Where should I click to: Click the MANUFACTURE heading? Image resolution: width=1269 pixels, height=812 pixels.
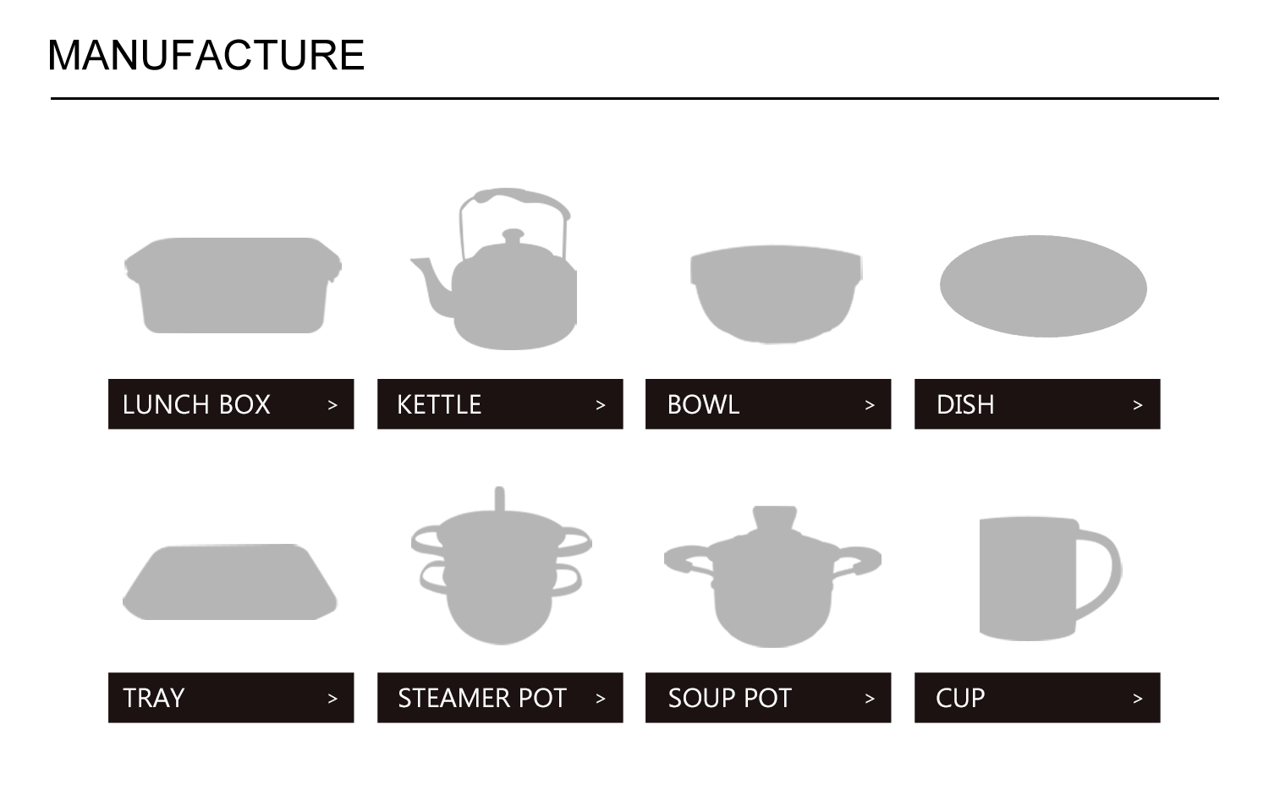coord(206,56)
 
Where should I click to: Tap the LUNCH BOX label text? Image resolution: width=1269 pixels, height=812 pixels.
coord(196,404)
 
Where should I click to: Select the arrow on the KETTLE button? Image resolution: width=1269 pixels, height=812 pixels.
coord(601,405)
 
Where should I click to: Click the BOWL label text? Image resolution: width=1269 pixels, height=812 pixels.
coord(703,404)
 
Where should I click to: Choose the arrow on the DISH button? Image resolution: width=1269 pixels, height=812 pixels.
coord(1138,405)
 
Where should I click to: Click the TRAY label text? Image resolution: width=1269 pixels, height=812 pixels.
coord(153,698)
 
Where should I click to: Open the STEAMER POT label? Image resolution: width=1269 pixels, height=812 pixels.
coord(481,698)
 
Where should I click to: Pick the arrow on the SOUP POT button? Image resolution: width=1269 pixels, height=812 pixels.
coord(870,699)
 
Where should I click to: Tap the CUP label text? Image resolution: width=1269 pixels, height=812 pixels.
coord(960,698)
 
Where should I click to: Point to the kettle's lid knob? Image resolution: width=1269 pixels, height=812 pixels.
coord(513,234)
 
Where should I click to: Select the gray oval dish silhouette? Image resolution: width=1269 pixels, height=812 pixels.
coord(1043,286)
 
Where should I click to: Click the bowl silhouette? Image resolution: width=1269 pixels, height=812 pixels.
coord(776,292)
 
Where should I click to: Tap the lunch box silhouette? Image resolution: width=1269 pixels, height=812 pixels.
coord(233,285)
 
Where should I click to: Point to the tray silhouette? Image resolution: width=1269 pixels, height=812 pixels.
coord(230,583)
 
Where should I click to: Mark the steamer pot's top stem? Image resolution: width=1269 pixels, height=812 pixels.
coord(499,498)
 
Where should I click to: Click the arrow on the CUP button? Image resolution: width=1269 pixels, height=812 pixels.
coord(1138,699)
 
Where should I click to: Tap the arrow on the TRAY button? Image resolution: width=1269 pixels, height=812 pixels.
coord(332,699)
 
